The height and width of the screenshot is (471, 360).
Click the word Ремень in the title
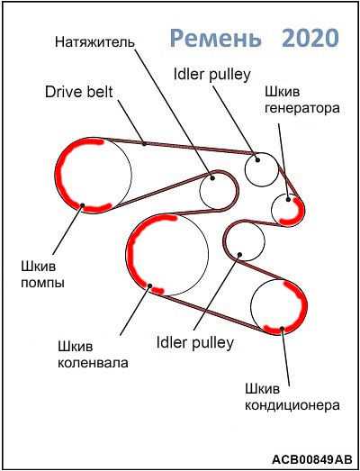click(x=215, y=38)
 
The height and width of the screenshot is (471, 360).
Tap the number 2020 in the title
click(x=311, y=37)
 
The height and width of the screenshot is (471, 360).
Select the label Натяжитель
click(x=94, y=41)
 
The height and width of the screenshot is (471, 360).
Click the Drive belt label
click(x=78, y=92)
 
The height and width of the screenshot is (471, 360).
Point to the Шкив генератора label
click(x=301, y=100)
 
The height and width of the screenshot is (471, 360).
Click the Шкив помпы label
click(x=42, y=275)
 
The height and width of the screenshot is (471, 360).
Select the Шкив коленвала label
click(x=93, y=355)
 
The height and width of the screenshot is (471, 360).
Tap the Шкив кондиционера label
click(x=292, y=397)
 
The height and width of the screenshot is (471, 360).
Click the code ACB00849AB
click(x=312, y=459)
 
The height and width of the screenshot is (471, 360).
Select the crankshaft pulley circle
click(x=127, y=256)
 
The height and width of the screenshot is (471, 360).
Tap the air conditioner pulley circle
click(x=307, y=306)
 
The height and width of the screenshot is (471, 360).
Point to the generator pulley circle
click(x=304, y=210)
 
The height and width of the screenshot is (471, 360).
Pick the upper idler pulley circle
click(x=245, y=169)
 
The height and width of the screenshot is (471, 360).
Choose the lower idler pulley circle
click(x=224, y=240)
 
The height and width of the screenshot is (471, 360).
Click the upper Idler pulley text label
click(x=211, y=74)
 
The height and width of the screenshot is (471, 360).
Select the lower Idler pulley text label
click(x=195, y=342)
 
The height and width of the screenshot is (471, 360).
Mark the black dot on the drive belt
click(x=144, y=143)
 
